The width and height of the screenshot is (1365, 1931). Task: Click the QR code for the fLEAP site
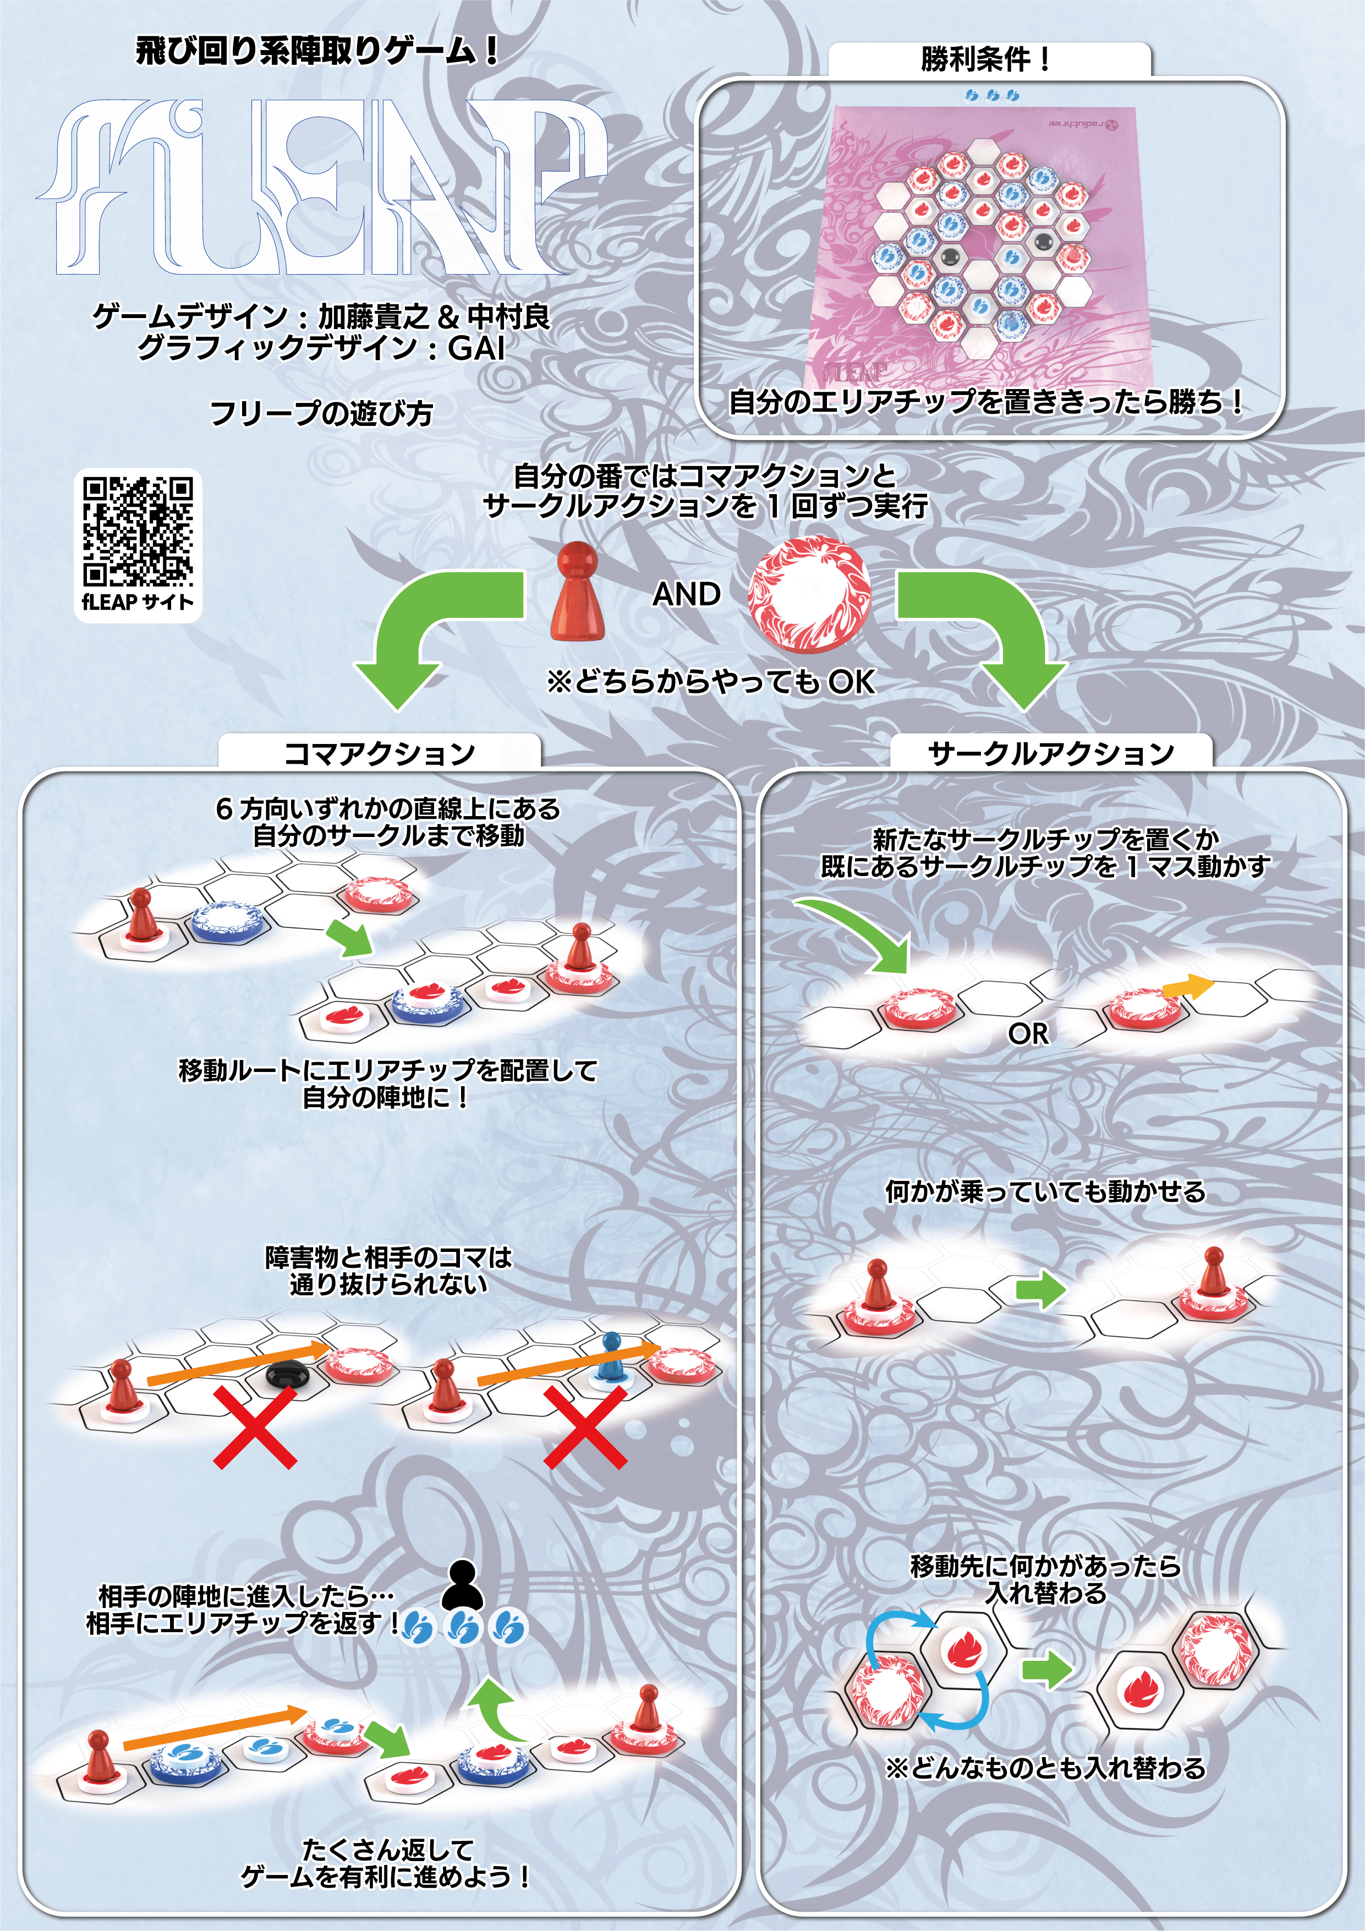[138, 530]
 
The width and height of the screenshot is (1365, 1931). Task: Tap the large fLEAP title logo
[324, 187]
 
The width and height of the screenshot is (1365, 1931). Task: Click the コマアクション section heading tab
[379, 752]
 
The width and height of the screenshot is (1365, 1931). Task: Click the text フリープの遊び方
[321, 413]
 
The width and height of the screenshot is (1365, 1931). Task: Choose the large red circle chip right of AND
[810, 595]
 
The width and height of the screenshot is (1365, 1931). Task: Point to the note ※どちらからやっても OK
[711, 681]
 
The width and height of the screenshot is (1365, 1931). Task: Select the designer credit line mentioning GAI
[321, 347]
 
